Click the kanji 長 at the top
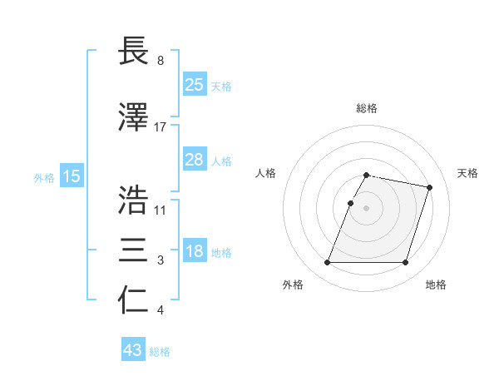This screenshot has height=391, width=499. (135, 52)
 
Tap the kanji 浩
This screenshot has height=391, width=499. (135, 200)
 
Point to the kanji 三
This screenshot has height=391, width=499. (135, 250)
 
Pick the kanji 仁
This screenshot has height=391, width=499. (135, 300)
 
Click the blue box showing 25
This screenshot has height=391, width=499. (194, 85)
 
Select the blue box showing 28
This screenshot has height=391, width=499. (194, 160)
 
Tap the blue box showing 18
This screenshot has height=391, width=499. (194, 252)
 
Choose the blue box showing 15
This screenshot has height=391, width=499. (72, 176)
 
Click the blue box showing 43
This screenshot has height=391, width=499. (132, 350)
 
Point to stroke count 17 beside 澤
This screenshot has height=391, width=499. (161, 126)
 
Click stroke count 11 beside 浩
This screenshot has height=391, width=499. (161, 210)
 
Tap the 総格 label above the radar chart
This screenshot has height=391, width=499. (367, 108)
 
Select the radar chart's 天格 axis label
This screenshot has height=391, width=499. (467, 173)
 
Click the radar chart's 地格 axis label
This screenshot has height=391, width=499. (436, 285)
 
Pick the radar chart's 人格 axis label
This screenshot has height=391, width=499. (265, 173)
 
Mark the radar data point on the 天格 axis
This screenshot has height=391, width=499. (430, 187)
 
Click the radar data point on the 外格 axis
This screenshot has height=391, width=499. (328, 263)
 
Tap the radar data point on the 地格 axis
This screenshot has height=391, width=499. (405, 263)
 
